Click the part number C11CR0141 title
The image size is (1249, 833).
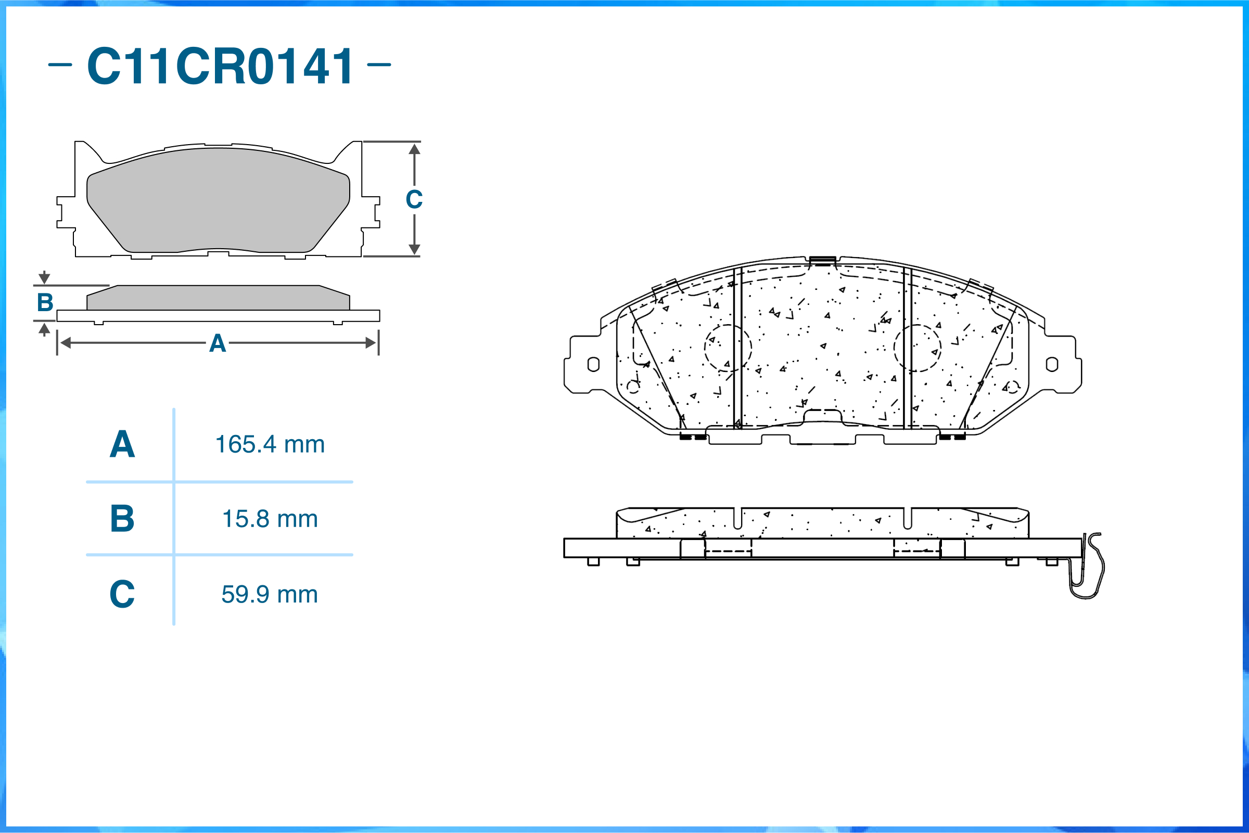point(220,66)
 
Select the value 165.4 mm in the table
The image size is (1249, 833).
point(270,444)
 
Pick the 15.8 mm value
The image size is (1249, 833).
point(270,519)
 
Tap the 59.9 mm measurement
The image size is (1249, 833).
point(270,594)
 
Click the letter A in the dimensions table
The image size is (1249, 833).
point(122,444)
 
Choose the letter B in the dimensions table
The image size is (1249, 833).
point(122,519)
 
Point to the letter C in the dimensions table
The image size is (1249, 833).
point(122,594)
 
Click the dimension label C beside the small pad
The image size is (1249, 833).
point(414,199)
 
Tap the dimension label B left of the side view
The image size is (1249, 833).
point(45,302)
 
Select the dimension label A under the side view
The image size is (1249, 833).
point(218,343)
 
